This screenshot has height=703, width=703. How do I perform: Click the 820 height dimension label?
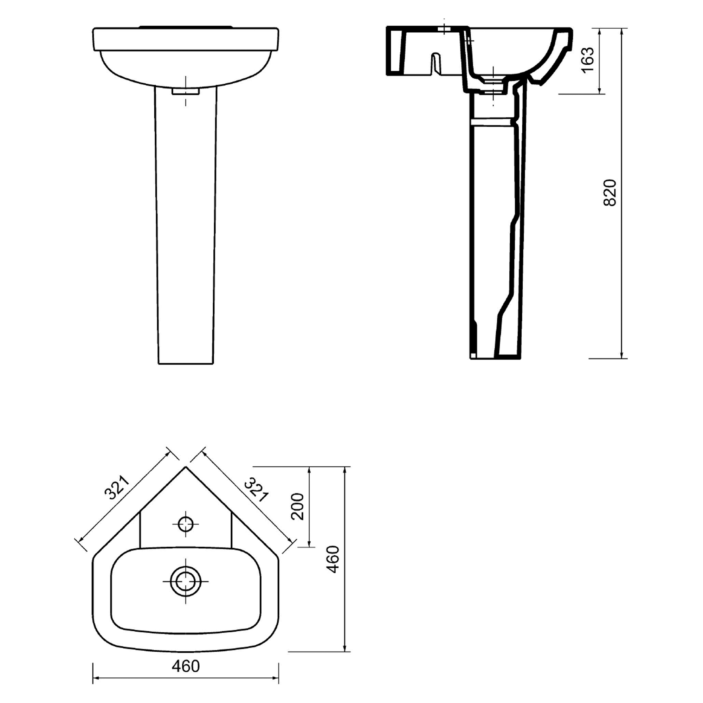pos(610,193)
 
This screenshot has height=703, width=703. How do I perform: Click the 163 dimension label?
pos(588,60)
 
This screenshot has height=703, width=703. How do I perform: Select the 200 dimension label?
pos(298,507)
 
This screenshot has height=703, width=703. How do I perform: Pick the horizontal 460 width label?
pos(186,666)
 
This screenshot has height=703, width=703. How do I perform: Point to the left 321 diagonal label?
pos(117,488)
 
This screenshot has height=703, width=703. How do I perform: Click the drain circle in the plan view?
pos(186,581)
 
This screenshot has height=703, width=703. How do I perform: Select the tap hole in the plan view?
pos(186,524)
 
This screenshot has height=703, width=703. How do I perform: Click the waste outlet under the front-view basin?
pos(186,91)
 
